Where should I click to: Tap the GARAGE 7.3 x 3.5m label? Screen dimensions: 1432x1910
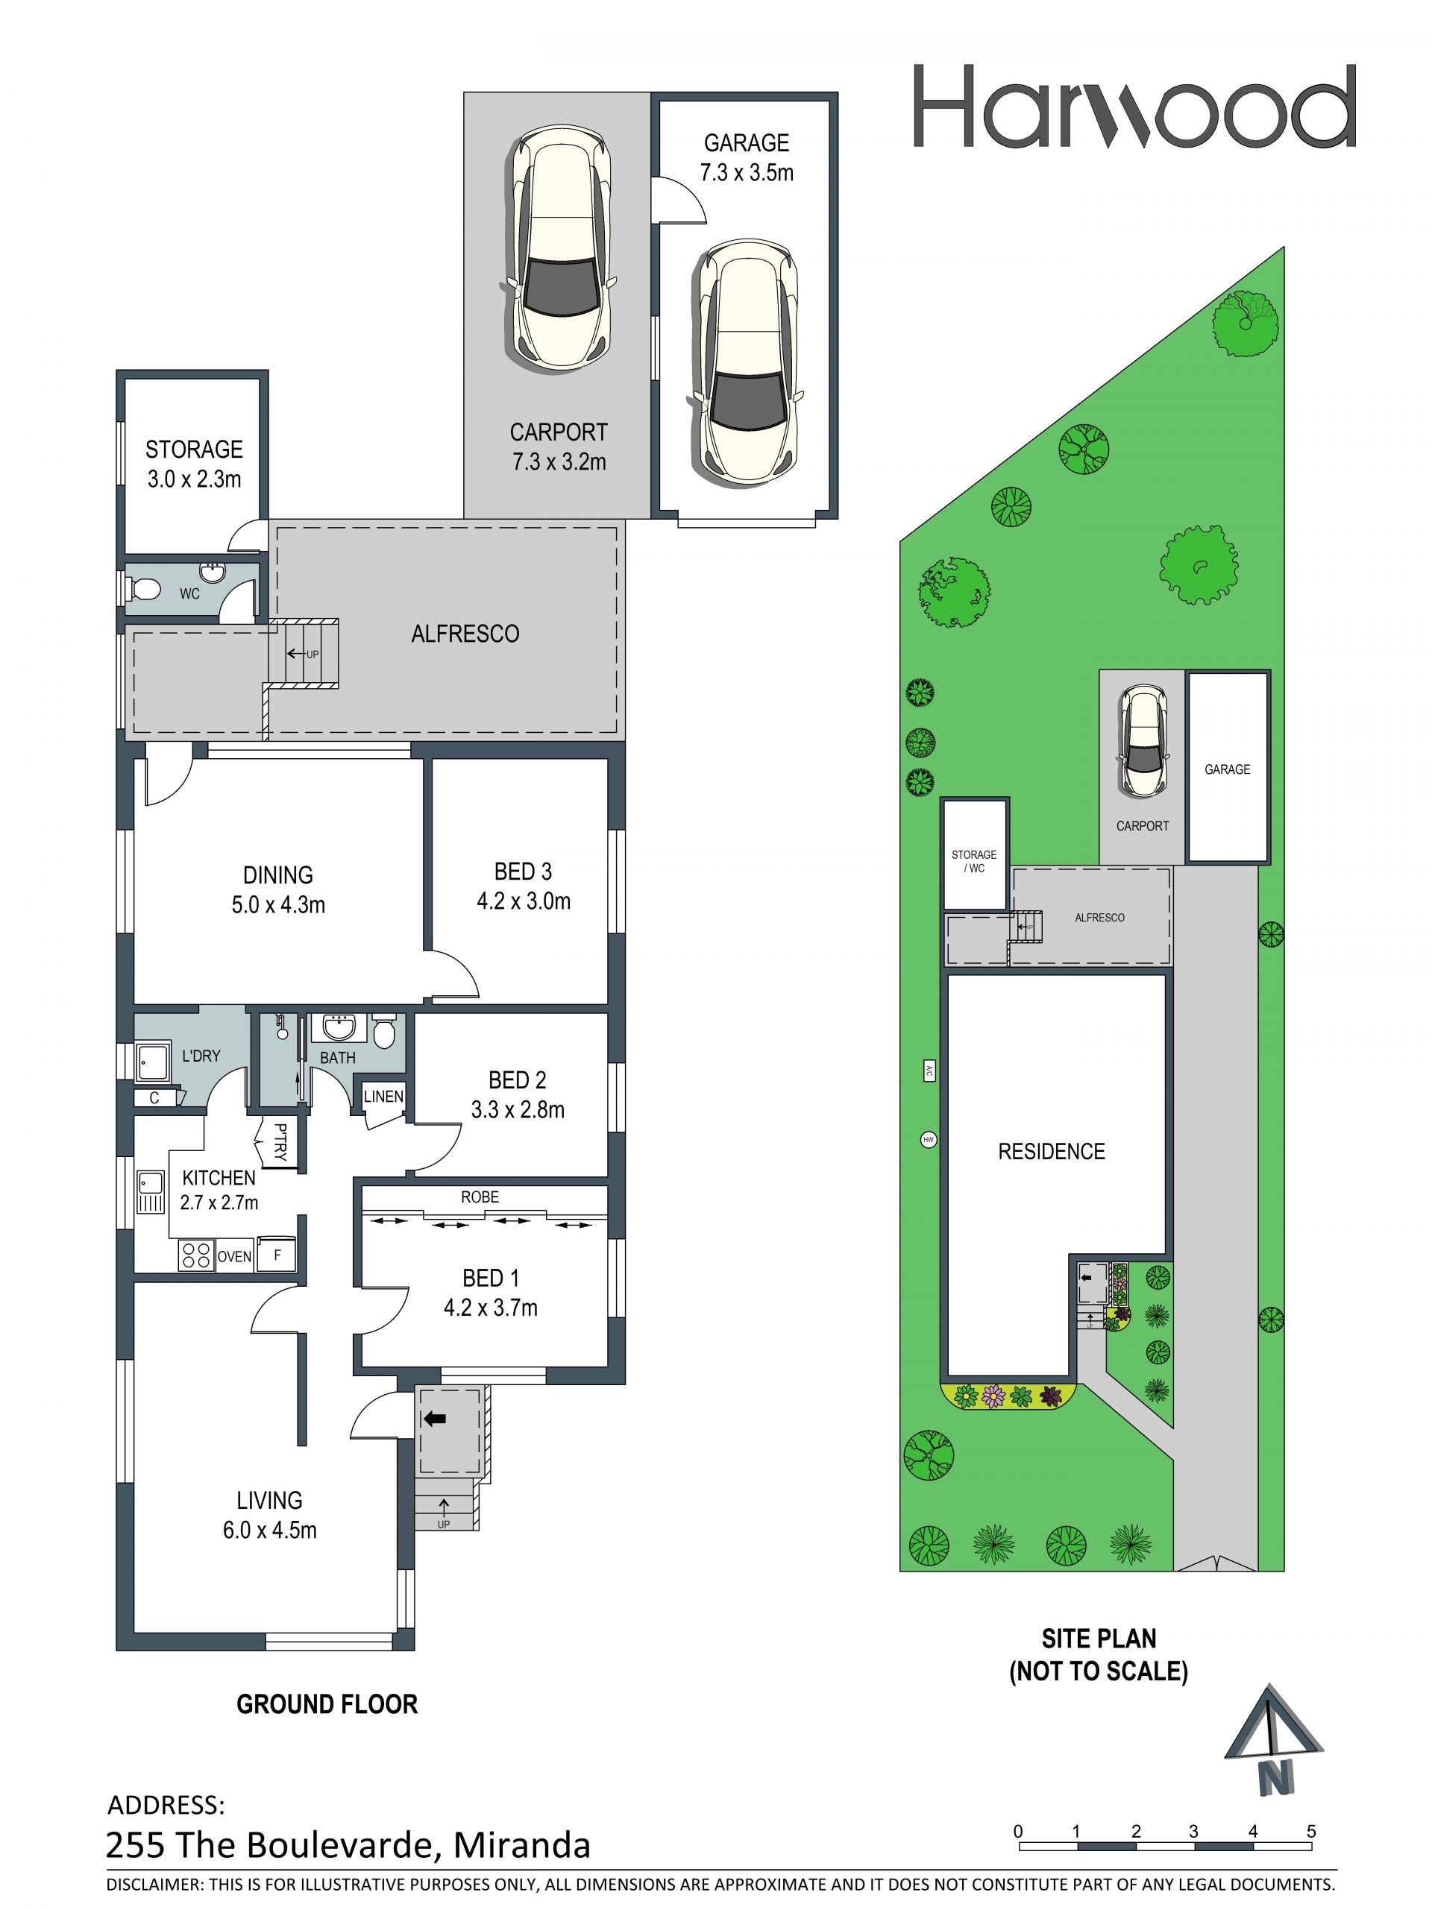click(x=747, y=157)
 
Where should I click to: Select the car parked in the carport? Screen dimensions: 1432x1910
click(x=559, y=249)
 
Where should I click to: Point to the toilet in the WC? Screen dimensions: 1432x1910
click(x=143, y=590)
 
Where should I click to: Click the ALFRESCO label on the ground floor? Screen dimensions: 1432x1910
click(x=465, y=634)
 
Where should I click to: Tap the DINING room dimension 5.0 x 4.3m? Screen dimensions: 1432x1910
click(x=278, y=905)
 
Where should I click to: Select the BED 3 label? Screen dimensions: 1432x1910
click(x=523, y=872)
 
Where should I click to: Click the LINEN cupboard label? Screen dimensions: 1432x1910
click(x=383, y=1097)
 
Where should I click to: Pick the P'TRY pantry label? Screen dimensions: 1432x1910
click(x=280, y=1142)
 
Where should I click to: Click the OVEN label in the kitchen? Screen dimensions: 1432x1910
click(x=234, y=1257)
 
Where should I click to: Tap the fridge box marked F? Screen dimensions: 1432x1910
click(x=277, y=1255)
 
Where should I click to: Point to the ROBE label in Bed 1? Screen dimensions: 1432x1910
click(x=480, y=1197)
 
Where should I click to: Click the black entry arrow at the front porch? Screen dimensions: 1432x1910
click(x=436, y=1419)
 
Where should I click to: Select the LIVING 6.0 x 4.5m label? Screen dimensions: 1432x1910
click(x=269, y=1516)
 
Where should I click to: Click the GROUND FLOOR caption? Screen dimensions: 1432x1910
click(x=327, y=1703)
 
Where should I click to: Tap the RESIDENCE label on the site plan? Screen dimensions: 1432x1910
click(x=1051, y=1151)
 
